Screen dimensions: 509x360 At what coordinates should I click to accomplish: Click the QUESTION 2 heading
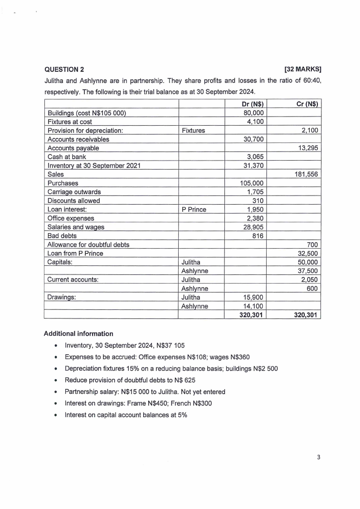pyautogui.click(x=64, y=69)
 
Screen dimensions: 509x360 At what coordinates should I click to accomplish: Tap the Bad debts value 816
pyautogui.click(x=257, y=236)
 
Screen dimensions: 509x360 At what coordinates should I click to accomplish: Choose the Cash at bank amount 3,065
pyautogui.click(x=255, y=157)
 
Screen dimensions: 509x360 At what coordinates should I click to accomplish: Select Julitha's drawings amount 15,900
pyautogui.click(x=253, y=298)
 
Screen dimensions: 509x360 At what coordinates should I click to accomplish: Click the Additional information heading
pyautogui.click(x=78, y=333)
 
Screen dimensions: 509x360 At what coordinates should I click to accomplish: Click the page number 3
pyautogui.click(x=318, y=457)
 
